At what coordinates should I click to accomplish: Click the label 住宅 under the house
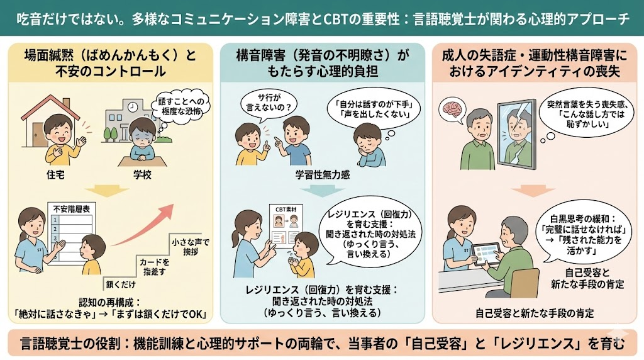point(55,175)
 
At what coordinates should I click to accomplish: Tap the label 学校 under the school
point(142,175)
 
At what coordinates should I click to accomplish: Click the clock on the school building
point(132,107)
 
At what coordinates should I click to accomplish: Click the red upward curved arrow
point(144,226)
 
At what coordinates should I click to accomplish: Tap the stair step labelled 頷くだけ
point(120,284)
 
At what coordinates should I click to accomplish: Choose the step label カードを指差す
point(154,267)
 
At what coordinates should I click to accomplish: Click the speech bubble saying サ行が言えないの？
point(269,104)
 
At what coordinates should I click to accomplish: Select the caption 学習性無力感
point(323,175)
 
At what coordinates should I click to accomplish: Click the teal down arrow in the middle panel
point(323,191)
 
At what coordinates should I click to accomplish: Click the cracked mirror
point(517,135)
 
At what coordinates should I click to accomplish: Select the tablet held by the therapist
point(486,254)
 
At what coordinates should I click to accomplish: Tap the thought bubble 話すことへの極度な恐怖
point(180,106)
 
